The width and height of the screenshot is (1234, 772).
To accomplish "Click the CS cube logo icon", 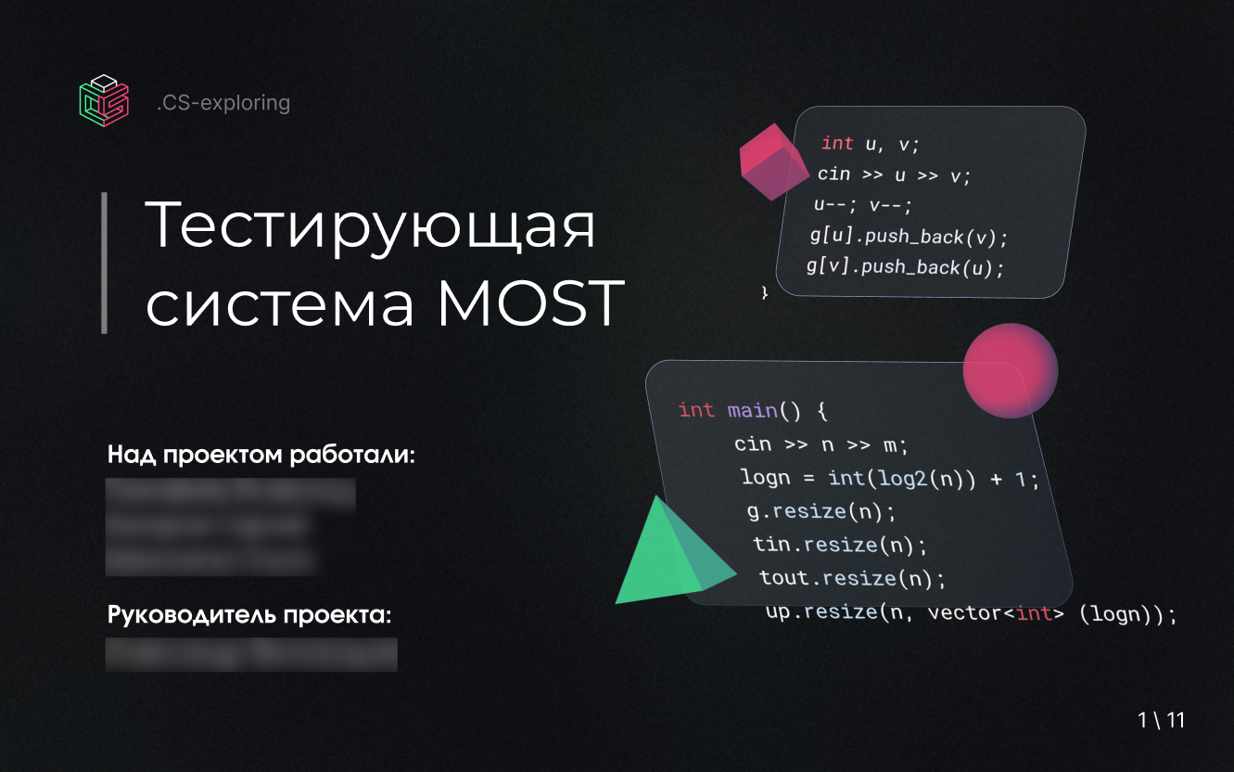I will point(103,97).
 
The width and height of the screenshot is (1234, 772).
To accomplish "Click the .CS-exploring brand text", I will point(223,103).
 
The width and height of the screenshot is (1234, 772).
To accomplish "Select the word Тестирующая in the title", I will point(371,225).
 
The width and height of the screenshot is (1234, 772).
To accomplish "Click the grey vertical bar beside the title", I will point(105,263).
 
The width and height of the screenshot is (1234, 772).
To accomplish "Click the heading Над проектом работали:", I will point(261,456).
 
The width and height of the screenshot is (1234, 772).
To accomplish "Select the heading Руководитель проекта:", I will point(249,616).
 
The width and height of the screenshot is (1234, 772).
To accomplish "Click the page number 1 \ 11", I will point(1162,720).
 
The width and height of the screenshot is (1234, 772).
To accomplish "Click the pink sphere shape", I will point(1011,370).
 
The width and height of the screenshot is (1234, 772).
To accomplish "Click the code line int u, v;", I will point(870,143).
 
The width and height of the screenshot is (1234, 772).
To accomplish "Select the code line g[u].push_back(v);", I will point(908,237).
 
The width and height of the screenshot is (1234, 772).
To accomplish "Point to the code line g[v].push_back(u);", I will point(905,267).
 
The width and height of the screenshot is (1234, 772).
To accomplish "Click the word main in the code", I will point(752,410).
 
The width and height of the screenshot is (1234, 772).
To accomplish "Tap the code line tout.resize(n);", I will point(852,578).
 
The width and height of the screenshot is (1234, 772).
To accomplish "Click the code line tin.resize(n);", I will point(839,545).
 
